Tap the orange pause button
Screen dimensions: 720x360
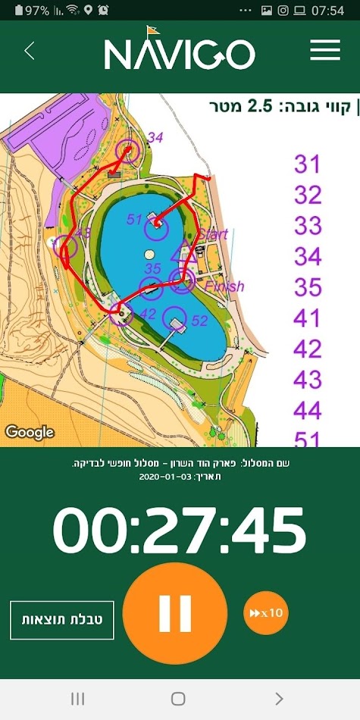175,613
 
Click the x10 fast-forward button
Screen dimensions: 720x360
266,612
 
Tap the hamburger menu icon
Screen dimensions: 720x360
325,51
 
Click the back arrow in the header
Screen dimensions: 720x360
30,51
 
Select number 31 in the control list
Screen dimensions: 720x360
308,164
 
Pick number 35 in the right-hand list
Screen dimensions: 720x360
308,287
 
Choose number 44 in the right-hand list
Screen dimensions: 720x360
308,411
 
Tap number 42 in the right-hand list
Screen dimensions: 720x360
308,349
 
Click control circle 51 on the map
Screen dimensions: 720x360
156,221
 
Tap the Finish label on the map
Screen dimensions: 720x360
224,286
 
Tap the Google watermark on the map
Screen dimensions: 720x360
30,433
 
